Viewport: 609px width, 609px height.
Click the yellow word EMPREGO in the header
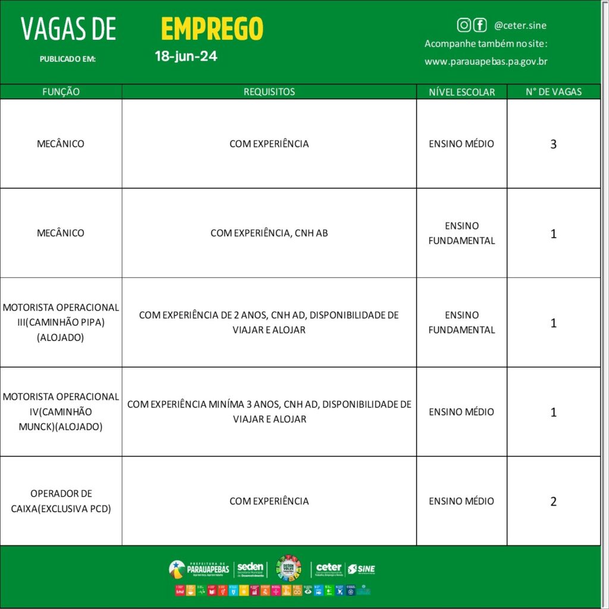(212, 29)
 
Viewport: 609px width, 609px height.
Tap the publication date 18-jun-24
(186, 57)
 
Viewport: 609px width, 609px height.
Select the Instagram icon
(464, 25)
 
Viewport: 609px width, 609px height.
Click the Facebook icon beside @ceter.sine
(479, 25)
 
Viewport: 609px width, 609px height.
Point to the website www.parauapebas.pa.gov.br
(486, 61)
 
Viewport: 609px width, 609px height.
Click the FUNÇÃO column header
(61, 92)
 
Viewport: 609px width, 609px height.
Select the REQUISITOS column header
(269, 92)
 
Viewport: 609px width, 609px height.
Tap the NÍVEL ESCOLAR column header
(462, 92)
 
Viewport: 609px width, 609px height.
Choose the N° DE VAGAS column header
(553, 92)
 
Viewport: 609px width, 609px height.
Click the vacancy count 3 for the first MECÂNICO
(553, 144)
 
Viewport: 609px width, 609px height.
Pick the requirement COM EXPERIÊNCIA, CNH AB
(269, 233)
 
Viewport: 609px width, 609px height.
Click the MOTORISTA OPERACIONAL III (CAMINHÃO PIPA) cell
(61, 322)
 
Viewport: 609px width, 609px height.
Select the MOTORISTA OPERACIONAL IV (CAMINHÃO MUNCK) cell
(61, 412)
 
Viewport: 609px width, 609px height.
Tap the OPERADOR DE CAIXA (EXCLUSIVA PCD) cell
(61, 501)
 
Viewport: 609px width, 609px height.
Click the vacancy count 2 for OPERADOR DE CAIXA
(553, 501)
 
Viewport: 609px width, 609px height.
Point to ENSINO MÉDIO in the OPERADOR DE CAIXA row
(462, 501)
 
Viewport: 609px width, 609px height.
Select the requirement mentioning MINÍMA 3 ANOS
(269, 412)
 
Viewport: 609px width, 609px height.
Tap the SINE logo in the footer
(362, 569)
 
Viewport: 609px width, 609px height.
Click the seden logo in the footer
(250, 569)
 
